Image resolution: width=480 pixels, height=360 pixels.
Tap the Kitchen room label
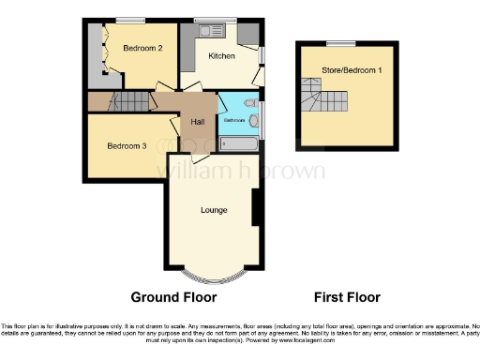(221, 56)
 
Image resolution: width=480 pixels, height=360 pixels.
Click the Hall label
(198, 122)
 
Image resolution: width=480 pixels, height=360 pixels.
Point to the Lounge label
(214, 209)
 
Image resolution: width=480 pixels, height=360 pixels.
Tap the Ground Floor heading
(173, 297)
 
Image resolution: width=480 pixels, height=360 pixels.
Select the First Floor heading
(346, 297)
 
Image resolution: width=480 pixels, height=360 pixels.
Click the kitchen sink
(207, 29)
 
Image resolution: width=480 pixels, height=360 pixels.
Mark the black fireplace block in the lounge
(255, 208)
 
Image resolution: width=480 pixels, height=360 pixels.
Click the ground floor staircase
(127, 101)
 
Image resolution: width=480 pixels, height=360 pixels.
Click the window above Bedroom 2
(130, 20)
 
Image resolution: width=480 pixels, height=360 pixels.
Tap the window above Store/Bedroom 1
(341, 43)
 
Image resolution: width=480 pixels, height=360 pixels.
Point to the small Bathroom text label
(233, 120)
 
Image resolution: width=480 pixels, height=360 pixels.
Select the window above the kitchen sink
(208, 20)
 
